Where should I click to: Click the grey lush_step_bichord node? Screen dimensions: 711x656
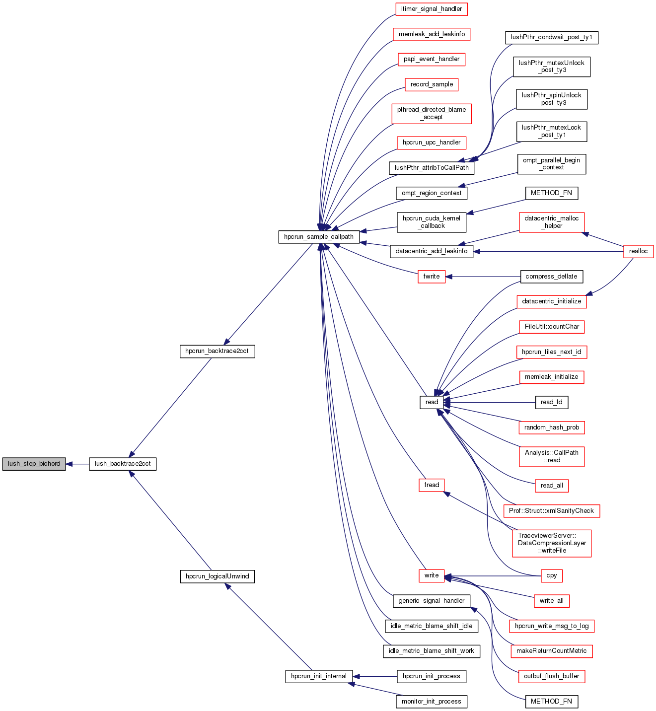34,464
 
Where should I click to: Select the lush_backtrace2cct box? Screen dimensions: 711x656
123,464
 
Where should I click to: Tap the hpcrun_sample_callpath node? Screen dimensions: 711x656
319,237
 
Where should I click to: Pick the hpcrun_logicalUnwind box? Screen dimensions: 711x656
217,576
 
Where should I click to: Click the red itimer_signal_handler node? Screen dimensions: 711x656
432,9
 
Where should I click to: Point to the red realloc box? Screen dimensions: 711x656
638,251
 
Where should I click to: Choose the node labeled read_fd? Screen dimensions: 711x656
551,402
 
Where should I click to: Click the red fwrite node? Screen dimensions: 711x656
432,277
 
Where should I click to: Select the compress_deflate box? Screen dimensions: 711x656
551,277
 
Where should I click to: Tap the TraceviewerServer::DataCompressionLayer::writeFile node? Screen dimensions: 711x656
552,543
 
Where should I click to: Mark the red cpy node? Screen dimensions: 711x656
551,576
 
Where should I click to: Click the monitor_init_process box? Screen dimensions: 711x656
431,702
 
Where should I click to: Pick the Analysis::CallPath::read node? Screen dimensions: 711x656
551,456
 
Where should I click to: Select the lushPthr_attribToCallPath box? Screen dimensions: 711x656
432,168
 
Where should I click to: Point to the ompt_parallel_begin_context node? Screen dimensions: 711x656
551,164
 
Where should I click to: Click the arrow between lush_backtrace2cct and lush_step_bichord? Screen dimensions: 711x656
77,464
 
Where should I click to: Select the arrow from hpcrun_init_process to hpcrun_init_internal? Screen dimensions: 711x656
375,676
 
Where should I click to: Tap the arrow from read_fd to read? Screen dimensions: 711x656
489,402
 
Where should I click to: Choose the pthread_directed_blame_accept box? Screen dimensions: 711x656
432,113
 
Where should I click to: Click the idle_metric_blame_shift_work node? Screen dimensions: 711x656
431,651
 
